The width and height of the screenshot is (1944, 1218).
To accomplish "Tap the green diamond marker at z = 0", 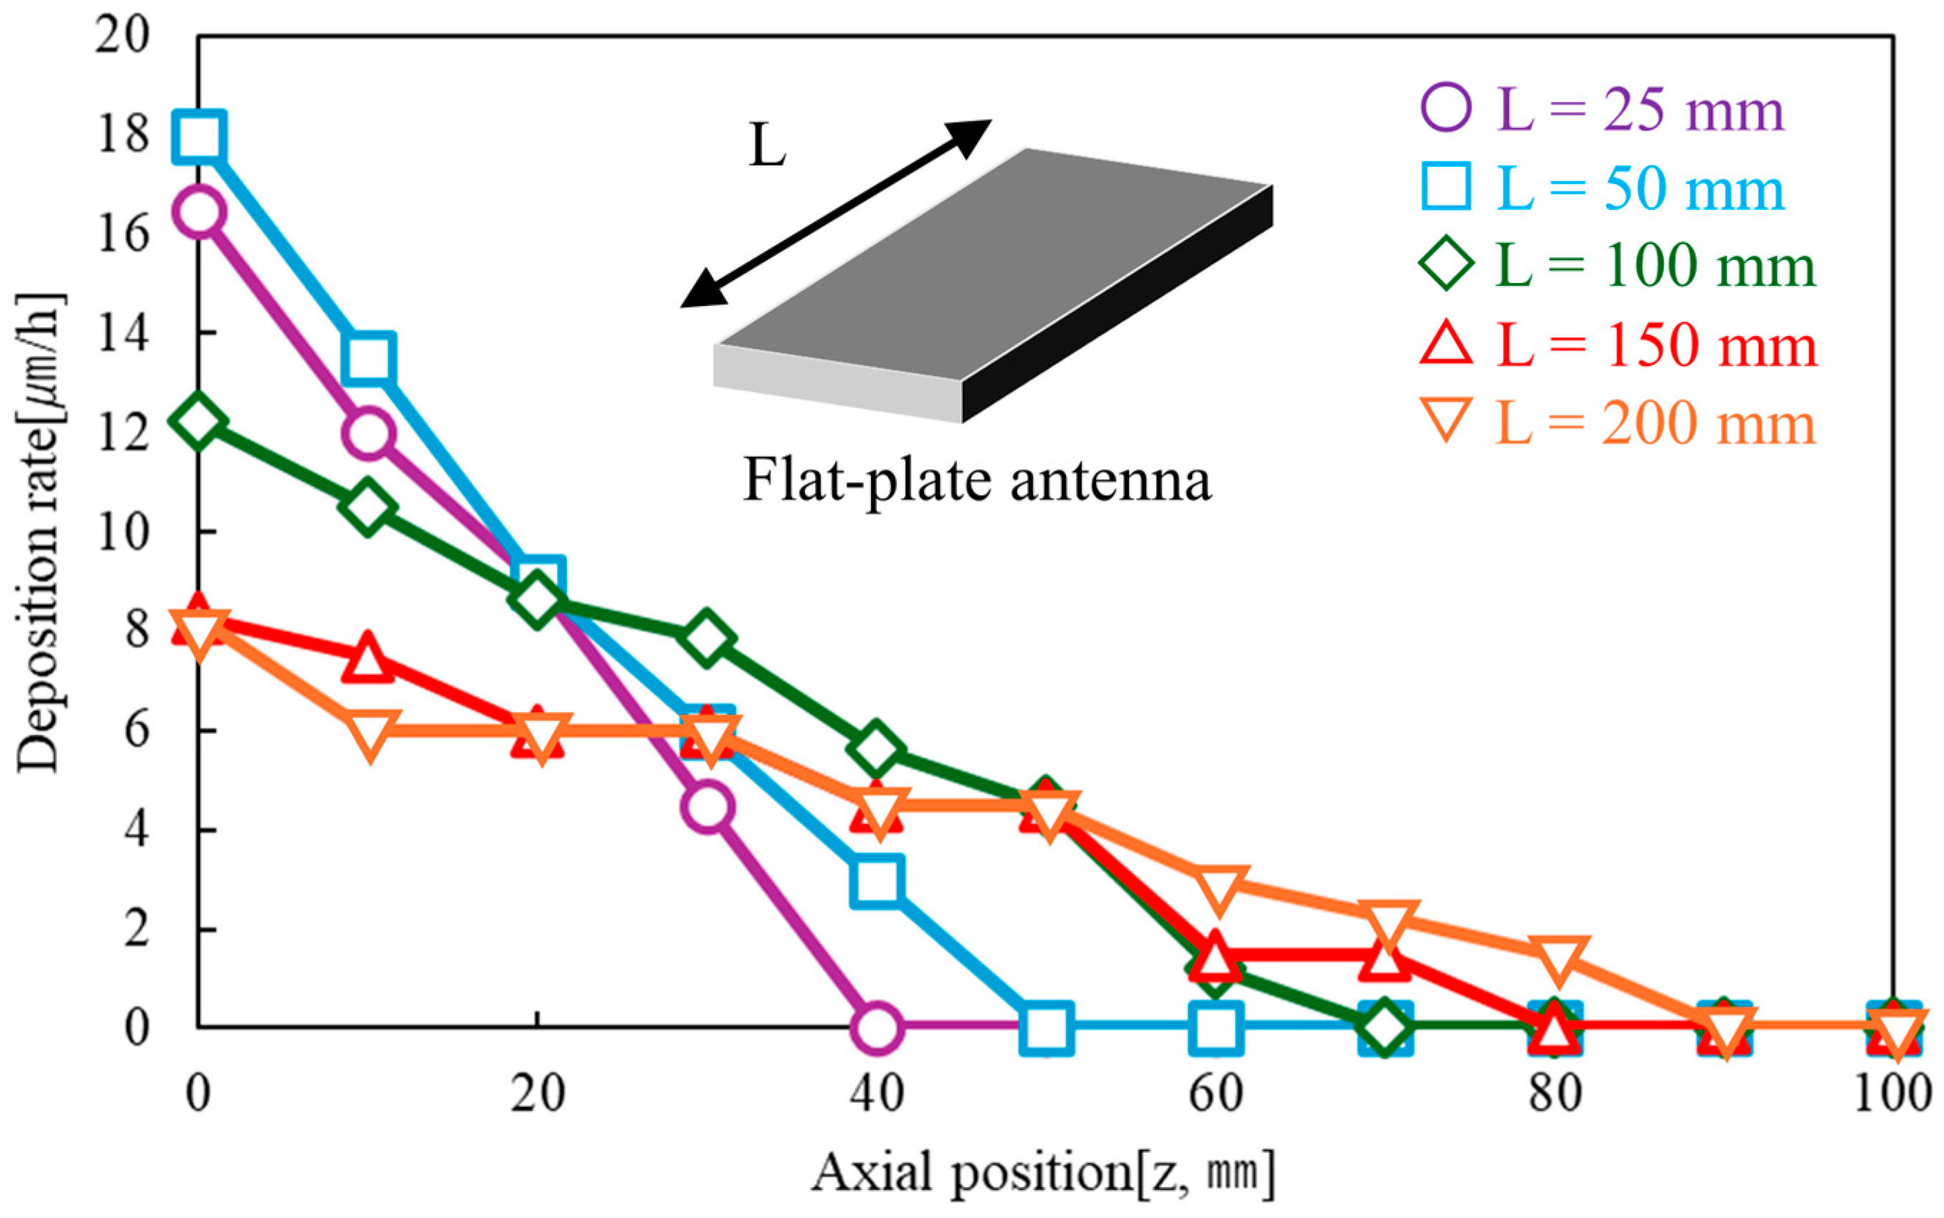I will tap(199, 421).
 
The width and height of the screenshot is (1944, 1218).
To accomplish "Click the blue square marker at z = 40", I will tap(877, 881).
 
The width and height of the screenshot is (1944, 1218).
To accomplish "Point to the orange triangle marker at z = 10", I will tap(369, 733).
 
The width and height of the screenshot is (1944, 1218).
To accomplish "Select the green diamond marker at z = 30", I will tap(707, 639).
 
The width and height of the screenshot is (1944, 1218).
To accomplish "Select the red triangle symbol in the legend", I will tap(1447, 344).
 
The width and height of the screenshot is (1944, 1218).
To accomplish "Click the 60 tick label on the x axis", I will tap(1216, 1094).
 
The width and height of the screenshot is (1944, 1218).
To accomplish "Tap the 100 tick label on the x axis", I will tap(1892, 1094).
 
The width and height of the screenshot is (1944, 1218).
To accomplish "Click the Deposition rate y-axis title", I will tap(39, 532).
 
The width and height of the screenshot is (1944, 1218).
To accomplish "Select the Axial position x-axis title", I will tap(1044, 1172).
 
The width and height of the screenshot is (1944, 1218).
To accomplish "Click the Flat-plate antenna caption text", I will tap(977, 481).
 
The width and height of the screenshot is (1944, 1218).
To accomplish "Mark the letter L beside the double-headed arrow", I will tap(766, 147).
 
